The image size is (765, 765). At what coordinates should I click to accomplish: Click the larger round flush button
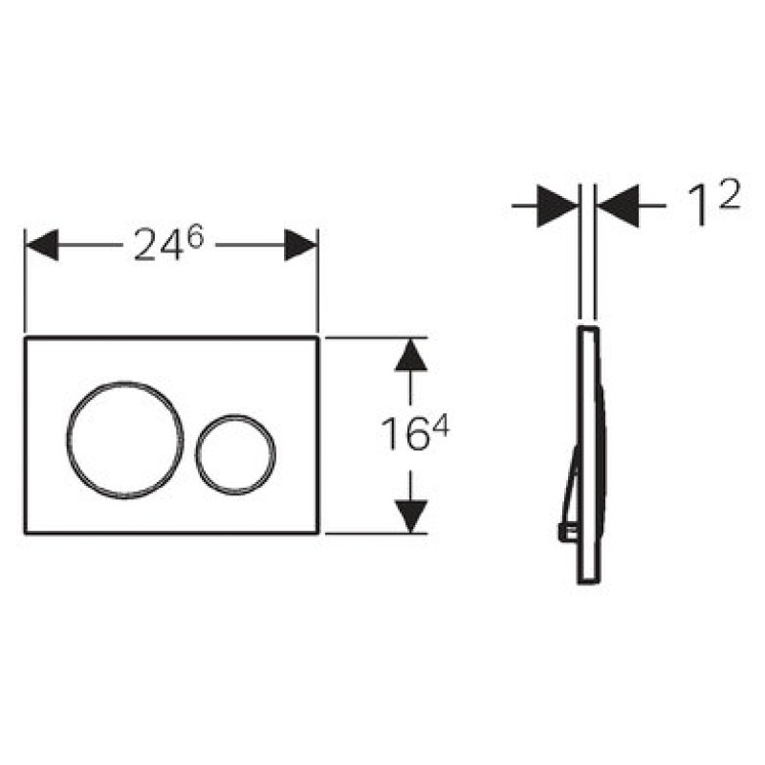(125, 384)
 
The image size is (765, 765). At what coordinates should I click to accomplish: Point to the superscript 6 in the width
(195, 238)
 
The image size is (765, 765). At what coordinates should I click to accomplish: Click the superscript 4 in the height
(441, 427)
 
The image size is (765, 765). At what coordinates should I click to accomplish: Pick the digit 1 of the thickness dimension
(700, 207)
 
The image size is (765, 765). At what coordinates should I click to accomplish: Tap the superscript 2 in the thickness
(730, 193)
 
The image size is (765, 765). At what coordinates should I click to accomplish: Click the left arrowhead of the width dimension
(41, 245)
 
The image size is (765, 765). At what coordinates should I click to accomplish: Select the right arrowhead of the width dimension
(301, 245)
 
